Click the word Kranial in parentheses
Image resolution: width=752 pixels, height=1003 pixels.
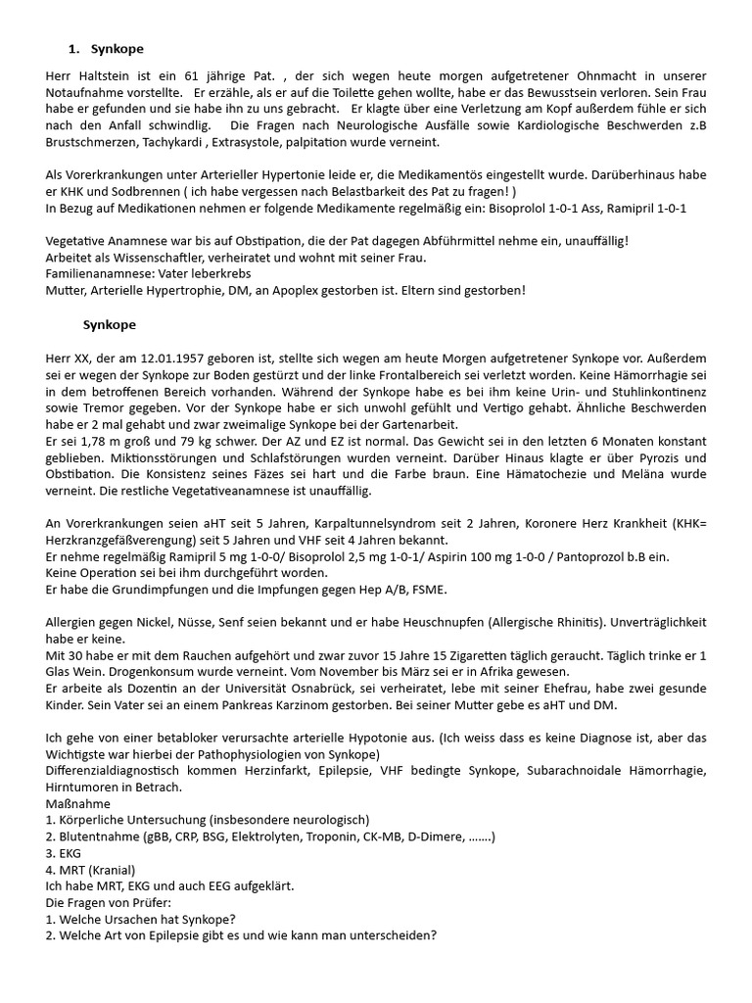point(114,870)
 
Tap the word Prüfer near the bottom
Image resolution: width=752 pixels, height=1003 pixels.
point(150,902)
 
